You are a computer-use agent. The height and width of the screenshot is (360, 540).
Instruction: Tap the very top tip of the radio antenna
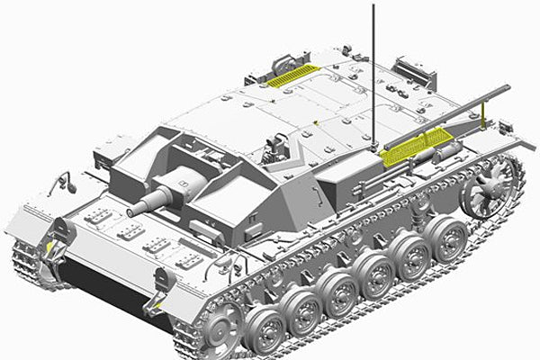point(373,6)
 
